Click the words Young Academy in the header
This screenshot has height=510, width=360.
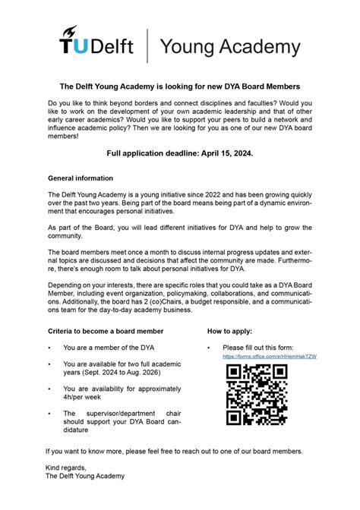[x=229, y=47]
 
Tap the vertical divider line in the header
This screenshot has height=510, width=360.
[x=147, y=46]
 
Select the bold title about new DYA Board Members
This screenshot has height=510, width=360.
[x=180, y=87]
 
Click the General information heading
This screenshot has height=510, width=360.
[x=81, y=178]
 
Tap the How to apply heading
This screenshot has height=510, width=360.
[x=229, y=332]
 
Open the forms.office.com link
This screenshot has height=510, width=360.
[x=269, y=356]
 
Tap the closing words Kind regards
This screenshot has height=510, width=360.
[x=66, y=467]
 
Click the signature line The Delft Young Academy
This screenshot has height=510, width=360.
[x=85, y=477]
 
